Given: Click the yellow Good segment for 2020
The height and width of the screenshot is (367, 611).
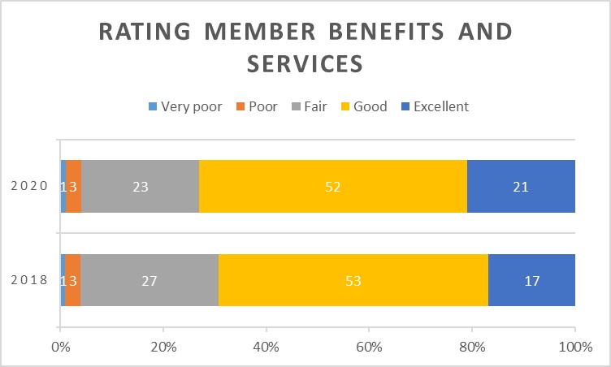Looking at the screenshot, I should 333,186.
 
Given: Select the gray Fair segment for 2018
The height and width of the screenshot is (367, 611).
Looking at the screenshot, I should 149,281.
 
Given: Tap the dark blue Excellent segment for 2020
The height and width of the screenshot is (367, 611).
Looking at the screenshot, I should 521,186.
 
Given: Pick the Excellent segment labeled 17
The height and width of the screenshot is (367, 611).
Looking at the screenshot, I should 531,281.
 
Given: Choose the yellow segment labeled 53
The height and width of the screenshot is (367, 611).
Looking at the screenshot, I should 353,281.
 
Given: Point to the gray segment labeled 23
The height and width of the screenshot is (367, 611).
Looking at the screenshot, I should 140,186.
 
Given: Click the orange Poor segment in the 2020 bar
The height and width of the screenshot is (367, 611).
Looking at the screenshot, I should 73,186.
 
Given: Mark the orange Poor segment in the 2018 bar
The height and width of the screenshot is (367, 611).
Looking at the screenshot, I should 72,281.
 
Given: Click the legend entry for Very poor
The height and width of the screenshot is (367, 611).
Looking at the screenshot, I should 185,106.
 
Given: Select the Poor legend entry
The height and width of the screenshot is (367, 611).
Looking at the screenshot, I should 260,106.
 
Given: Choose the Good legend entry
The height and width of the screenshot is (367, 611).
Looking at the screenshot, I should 365,106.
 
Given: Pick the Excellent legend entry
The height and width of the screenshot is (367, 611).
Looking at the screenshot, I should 435,106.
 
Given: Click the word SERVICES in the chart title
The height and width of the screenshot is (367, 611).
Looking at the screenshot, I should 305,63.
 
